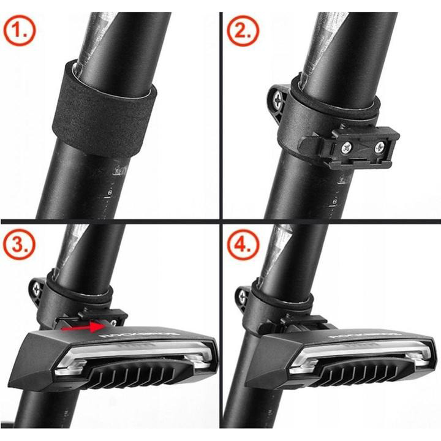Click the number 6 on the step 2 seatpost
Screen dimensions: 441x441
334,200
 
